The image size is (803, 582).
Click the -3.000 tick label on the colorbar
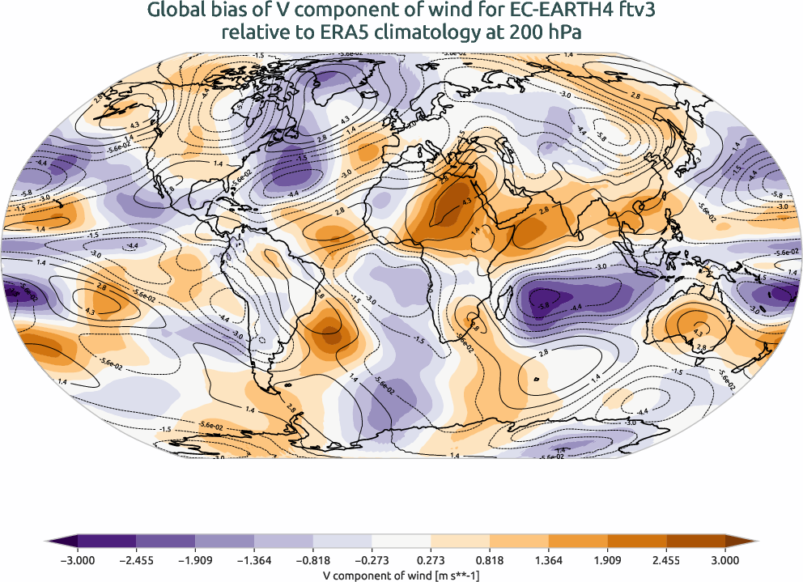pyautogui.click(x=78, y=560)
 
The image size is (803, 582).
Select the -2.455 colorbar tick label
pyautogui.click(x=137, y=560)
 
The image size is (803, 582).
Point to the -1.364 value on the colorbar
pyautogui.click(x=254, y=560)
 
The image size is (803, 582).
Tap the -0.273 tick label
pyautogui.click(x=372, y=560)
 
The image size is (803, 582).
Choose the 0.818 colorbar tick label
pyautogui.click(x=490, y=560)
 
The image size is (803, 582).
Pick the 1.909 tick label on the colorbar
pyautogui.click(x=607, y=560)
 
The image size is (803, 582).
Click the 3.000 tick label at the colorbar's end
pyautogui.click(x=724, y=560)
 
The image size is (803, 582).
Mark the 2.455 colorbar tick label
pyautogui.click(x=666, y=560)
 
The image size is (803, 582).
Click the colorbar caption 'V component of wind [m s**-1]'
pyautogui.click(x=401, y=573)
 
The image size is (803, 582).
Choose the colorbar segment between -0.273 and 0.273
pyautogui.click(x=401, y=542)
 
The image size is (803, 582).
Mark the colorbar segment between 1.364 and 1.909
pyautogui.click(x=578, y=542)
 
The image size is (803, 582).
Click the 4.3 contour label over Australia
pyautogui.click(x=699, y=332)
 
